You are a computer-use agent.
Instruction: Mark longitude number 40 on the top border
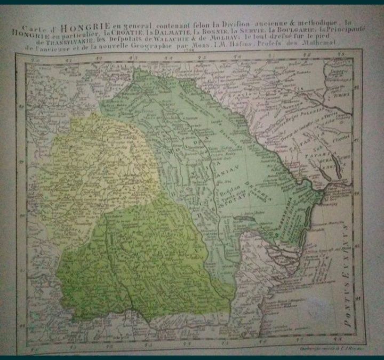pos(36,60)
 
